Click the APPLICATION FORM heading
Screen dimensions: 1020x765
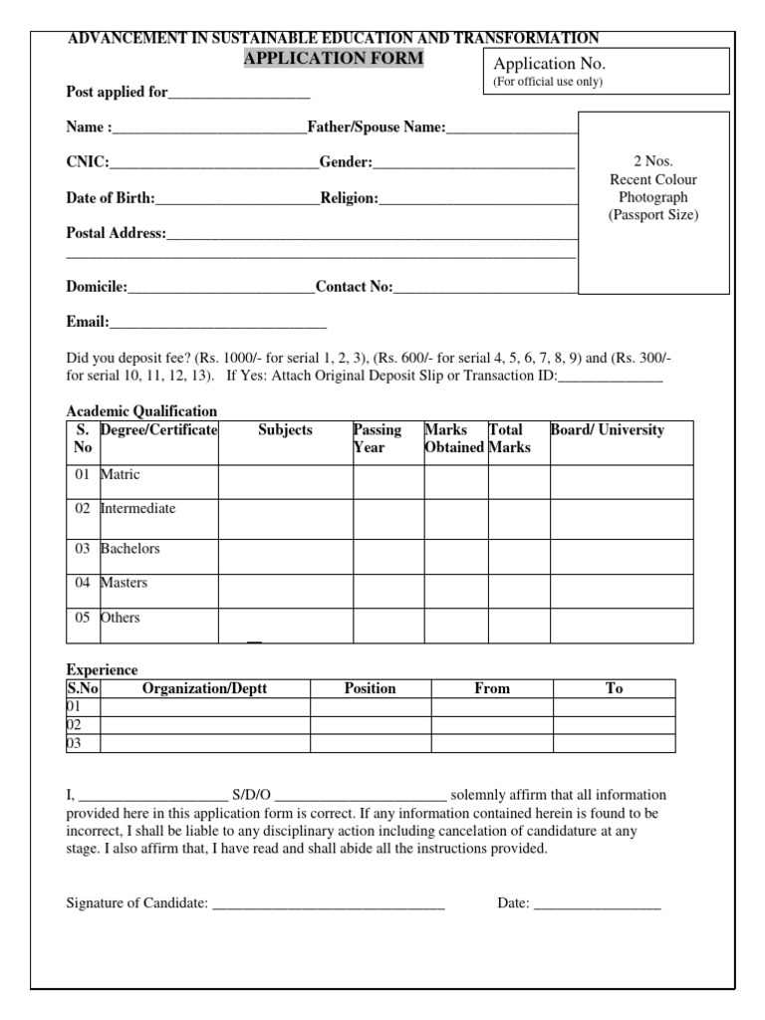(334, 59)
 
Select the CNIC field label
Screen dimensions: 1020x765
(88, 162)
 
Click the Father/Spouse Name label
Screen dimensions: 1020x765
(377, 127)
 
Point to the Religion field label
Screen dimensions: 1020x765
(349, 198)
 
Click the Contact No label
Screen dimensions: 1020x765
(354, 287)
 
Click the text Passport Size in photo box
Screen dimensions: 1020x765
(653, 215)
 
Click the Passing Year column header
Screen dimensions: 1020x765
(378, 438)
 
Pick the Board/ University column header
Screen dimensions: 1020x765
(608, 430)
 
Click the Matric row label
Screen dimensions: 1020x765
(121, 474)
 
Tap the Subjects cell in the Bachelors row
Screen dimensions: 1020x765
(285, 556)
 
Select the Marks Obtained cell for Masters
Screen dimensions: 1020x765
(455, 590)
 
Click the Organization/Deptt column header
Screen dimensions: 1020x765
(205, 688)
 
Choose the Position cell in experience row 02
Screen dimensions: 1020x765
(370, 725)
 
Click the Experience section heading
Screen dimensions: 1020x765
(102, 669)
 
